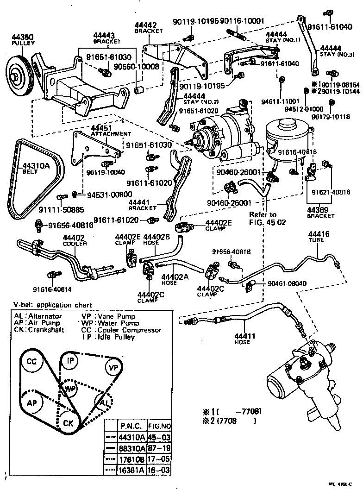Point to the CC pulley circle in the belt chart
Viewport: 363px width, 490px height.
tap(31, 361)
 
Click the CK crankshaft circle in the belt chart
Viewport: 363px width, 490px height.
tap(68, 423)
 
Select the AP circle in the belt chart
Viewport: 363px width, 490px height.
tap(31, 402)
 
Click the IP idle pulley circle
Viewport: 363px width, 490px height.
tap(71, 360)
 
